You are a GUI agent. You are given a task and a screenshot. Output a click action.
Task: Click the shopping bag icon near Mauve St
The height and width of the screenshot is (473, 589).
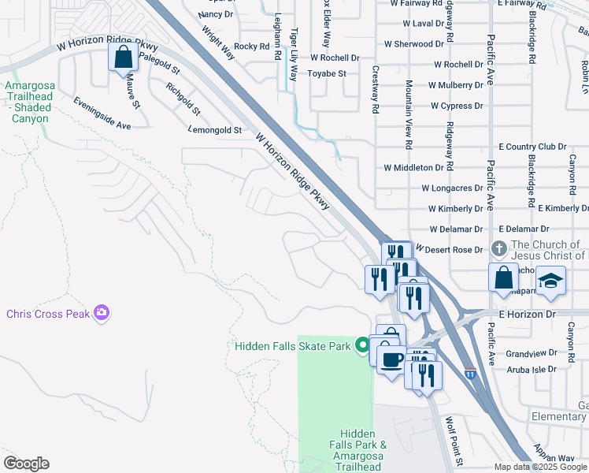tap(124, 58)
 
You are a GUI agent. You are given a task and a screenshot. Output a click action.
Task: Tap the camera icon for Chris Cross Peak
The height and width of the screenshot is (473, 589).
tap(101, 314)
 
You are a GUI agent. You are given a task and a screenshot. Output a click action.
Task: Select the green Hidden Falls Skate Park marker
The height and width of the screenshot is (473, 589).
tap(362, 345)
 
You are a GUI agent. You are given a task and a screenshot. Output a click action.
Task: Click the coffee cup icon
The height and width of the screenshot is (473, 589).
tap(392, 360)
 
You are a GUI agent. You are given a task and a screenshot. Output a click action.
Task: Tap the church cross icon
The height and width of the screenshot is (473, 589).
tap(498, 249)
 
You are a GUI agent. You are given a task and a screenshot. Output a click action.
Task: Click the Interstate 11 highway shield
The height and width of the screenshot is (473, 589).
tap(470, 373)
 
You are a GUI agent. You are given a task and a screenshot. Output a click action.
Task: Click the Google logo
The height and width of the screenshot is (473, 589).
tap(26, 464)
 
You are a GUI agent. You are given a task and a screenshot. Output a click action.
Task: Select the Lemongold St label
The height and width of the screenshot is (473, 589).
tap(215, 129)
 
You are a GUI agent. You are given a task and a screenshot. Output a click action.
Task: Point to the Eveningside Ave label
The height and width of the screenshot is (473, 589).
tap(102, 113)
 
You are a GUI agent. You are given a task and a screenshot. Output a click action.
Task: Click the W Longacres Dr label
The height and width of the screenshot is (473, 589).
tap(452, 188)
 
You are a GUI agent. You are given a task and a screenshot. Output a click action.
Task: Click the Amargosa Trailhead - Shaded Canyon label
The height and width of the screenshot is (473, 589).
tap(30, 102)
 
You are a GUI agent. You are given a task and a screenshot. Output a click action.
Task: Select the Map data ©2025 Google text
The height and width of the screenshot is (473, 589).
tap(539, 467)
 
